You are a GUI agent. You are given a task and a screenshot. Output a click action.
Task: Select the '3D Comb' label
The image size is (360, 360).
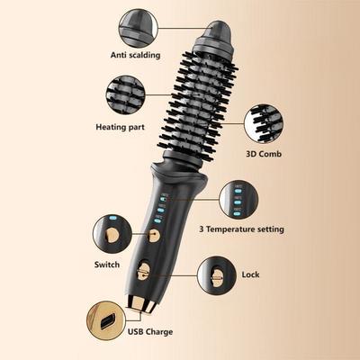(x=265, y=153)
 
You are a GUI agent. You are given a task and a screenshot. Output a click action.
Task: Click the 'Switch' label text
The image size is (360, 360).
(x=107, y=265)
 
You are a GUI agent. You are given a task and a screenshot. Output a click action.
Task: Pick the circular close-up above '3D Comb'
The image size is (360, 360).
(x=265, y=121)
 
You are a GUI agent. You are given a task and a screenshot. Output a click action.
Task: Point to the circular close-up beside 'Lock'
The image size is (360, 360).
(x=215, y=273)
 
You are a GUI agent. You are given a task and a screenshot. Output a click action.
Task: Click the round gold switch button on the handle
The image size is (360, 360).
(x=154, y=236)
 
